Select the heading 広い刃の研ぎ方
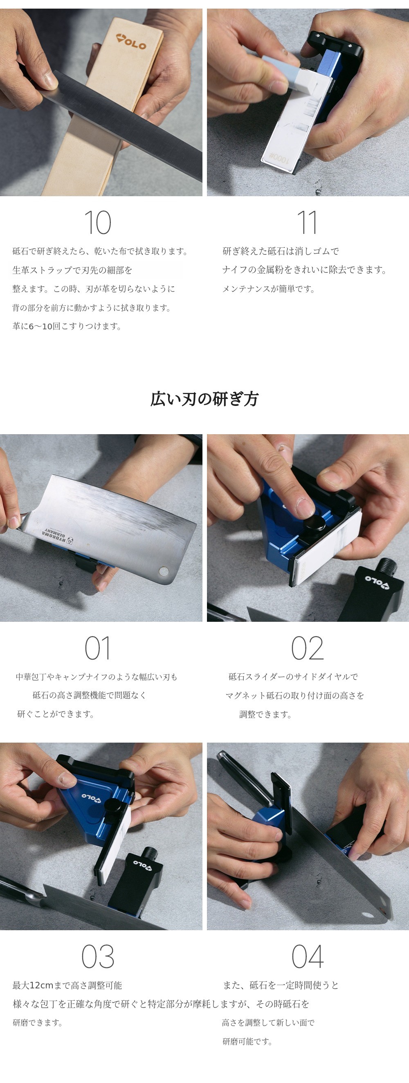pos(204,399)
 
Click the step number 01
pos(97,648)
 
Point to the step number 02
pos(308,648)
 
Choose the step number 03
pos(97,956)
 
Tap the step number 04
pos(308,956)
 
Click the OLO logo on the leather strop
pos(131,42)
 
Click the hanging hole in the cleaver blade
pos(163,571)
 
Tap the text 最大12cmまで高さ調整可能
pos(67,986)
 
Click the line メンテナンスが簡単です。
pos(269,289)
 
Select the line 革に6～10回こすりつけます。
pos(67,326)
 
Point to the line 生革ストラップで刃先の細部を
pos(72,270)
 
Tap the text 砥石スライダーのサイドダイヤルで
pos(293,676)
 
